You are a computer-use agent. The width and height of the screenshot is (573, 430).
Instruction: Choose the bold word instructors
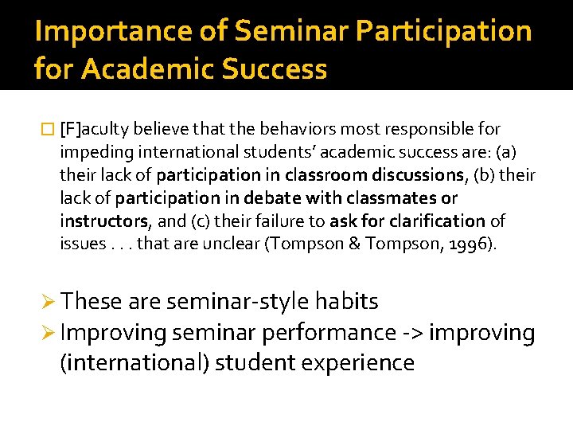(103, 221)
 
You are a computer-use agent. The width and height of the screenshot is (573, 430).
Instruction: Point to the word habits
(346, 302)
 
